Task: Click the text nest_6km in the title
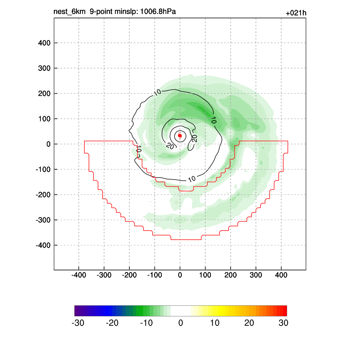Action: tap(70, 12)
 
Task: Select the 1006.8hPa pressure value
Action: tap(158, 12)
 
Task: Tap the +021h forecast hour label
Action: tap(296, 13)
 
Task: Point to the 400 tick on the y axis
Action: tap(44, 43)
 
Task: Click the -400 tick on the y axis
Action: tap(43, 245)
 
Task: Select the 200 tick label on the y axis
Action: tap(44, 94)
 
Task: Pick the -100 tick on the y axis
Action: tap(43, 169)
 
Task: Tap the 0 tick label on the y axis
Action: tap(49, 144)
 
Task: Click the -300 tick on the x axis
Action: tap(104, 275)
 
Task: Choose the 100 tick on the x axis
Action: tap(205, 275)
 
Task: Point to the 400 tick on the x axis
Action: tap(281, 275)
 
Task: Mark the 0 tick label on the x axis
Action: tap(180, 275)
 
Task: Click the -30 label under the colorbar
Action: tap(78, 323)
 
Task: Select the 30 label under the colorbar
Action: tap(283, 323)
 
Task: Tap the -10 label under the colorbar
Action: tap(146, 323)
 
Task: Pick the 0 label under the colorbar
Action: tap(181, 323)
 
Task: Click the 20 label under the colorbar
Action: tap(249, 323)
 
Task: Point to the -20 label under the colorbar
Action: tap(112, 323)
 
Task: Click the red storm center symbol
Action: tap(180, 135)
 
